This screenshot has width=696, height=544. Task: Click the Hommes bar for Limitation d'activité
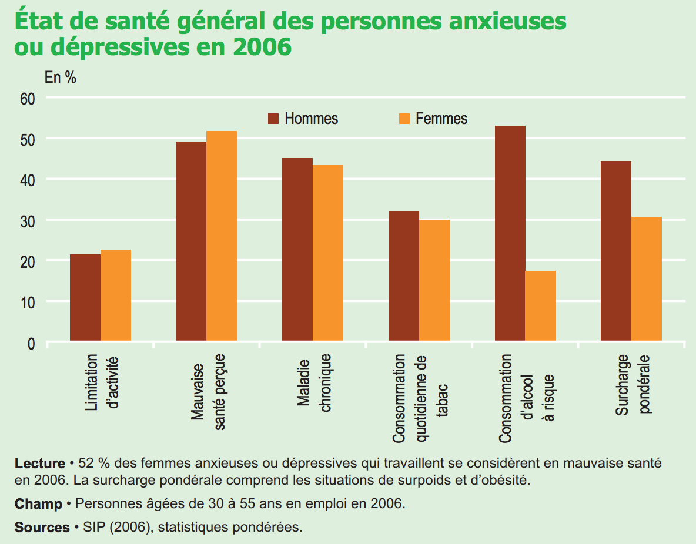pos(85,297)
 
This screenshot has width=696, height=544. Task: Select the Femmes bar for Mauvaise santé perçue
pos(222,236)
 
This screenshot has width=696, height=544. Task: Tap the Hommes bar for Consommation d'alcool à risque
pos(510,233)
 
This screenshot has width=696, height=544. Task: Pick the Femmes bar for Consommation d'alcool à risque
pos(540,305)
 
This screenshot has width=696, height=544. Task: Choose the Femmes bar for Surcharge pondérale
pos(647,278)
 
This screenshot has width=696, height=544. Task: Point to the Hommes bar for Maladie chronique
pos(297,249)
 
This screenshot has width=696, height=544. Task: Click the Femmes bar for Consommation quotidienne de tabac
pos(434,280)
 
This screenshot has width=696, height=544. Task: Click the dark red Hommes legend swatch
pos(273,119)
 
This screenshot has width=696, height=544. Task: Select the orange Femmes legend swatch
pos(404,119)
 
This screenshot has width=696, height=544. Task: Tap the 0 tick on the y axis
pos(32,342)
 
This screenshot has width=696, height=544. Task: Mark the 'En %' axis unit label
pos(61,77)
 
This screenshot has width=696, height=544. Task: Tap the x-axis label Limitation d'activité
pos(102,383)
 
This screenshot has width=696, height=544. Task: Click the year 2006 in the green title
pos(262,47)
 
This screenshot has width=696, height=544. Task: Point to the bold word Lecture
pos(39,463)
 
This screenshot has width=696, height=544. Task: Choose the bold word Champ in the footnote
pos(38,504)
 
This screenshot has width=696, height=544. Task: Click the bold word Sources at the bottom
pos(42,527)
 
